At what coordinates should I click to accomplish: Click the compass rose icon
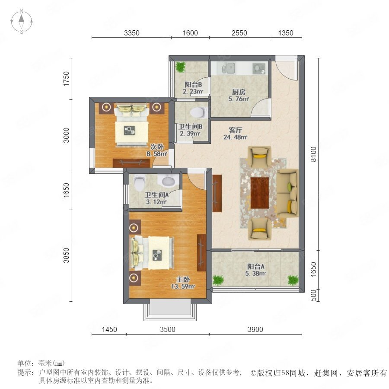coord(22,22)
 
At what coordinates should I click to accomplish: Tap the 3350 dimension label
coord(132,33)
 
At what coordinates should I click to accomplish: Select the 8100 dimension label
coord(314,154)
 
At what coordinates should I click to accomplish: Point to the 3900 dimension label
coord(255,329)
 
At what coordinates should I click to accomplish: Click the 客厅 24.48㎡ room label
coord(235,134)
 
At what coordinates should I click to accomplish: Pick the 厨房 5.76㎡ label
coord(239,95)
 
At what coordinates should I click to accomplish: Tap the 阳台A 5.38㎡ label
coord(255,270)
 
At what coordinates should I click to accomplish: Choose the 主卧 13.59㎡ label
coord(183,283)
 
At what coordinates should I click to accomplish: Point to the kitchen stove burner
coord(259,68)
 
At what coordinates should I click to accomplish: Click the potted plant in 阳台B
coord(180,67)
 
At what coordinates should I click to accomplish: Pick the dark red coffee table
coord(260,193)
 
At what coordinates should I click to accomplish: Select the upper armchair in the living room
coord(259,156)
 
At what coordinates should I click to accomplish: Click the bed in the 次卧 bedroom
coord(131,125)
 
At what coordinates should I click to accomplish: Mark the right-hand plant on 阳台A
coord(293,280)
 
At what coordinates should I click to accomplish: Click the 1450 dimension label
coord(109,329)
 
